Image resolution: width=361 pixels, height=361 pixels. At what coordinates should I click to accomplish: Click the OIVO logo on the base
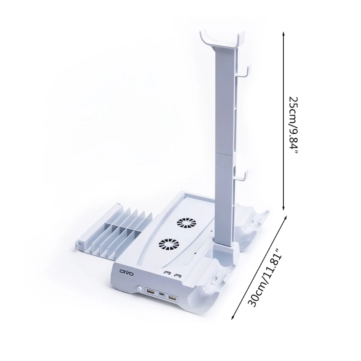coord(126,273)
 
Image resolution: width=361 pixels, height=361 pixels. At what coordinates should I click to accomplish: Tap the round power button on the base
coord(139,289)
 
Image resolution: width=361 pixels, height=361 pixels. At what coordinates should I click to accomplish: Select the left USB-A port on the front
coord(150,291)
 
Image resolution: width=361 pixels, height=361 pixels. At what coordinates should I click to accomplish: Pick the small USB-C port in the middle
coord(161,294)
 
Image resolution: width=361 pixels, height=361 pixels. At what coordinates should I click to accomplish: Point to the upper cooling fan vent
coord(186,223)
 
